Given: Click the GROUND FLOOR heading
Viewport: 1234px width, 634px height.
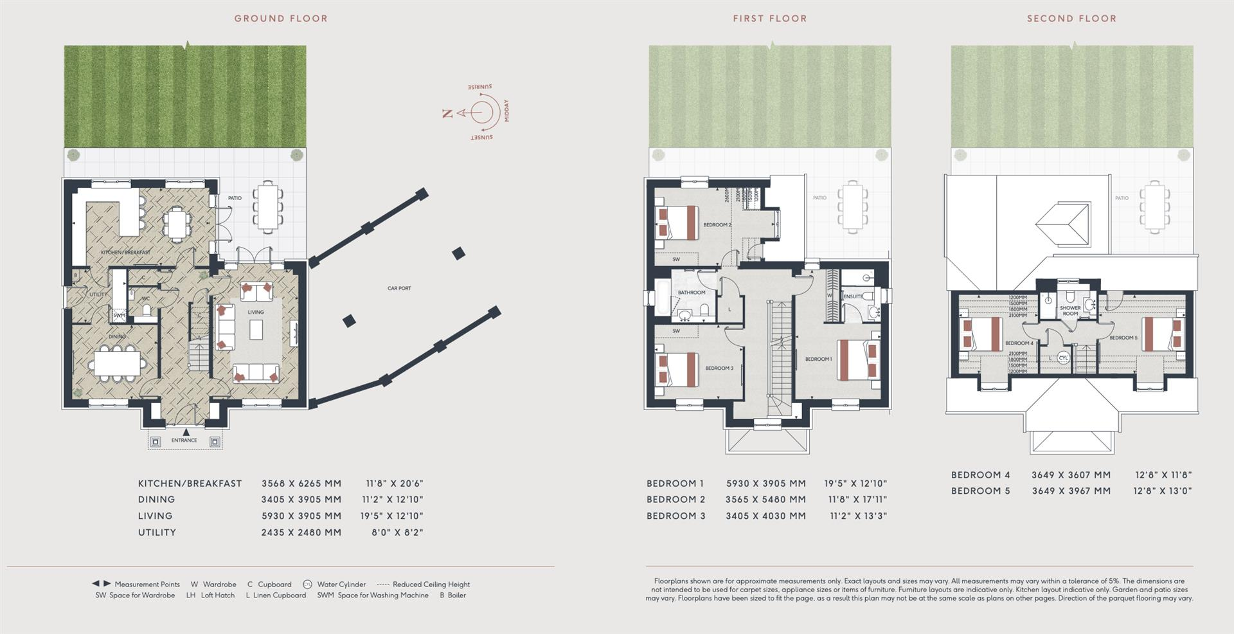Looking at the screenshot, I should tap(281, 19).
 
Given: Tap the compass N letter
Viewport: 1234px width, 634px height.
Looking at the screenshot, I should tap(448, 114).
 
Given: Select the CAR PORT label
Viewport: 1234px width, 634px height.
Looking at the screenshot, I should tap(398, 289).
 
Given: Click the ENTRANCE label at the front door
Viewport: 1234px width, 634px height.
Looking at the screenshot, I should tap(184, 440).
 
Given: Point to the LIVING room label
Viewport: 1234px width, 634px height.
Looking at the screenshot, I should tap(256, 312).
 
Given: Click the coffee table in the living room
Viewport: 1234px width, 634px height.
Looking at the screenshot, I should tap(257, 331).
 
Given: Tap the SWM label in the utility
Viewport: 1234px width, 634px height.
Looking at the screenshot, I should tap(120, 316).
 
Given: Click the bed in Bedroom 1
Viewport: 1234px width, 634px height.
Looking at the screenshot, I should tap(852, 359).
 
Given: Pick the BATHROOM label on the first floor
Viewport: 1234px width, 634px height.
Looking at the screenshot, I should tap(691, 293).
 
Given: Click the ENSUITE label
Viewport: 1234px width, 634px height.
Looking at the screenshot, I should tap(853, 296).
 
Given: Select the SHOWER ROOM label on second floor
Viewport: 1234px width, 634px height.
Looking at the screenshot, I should tap(1070, 311).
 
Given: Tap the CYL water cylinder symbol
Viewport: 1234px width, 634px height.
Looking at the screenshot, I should tap(1063, 358).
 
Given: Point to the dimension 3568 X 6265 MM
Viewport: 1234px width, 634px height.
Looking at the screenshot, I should tap(301, 484).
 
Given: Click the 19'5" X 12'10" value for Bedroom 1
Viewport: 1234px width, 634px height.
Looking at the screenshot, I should tap(855, 484).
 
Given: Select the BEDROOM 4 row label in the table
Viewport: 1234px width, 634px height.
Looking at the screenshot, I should tap(980, 475).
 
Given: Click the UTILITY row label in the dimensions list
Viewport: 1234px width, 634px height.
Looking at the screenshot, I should tap(157, 532).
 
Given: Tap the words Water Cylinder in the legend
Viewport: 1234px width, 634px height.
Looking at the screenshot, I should tap(341, 584).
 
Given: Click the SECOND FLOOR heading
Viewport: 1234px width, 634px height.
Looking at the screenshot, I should tap(1071, 19).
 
